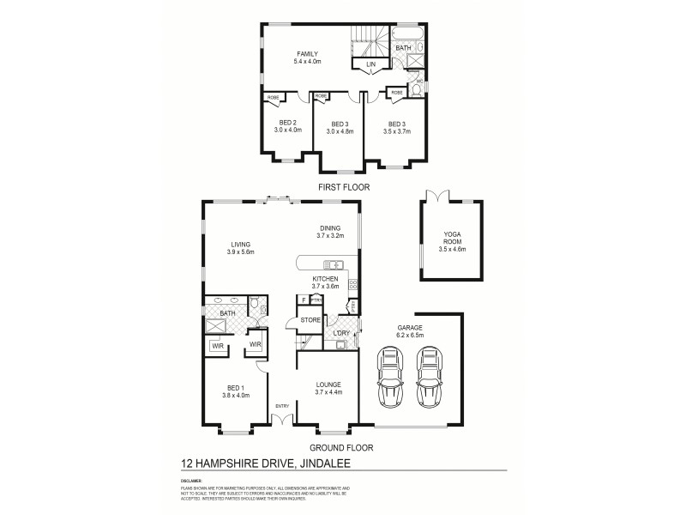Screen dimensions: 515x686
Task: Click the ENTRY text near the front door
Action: pyautogui.click(x=281, y=406)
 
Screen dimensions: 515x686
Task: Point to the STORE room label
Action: pyautogui.click(x=310, y=320)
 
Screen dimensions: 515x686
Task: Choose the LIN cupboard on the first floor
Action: pyautogui.click(x=371, y=64)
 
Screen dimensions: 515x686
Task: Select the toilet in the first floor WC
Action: pyautogui.click(x=417, y=89)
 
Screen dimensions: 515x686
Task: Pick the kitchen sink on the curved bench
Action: pyautogui.click(x=333, y=264)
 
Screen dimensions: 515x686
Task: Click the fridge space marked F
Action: pyautogui.click(x=303, y=300)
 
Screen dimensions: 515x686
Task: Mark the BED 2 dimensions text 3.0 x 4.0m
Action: pyautogui.click(x=288, y=130)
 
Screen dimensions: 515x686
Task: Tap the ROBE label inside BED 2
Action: pyautogui.click(x=272, y=96)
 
